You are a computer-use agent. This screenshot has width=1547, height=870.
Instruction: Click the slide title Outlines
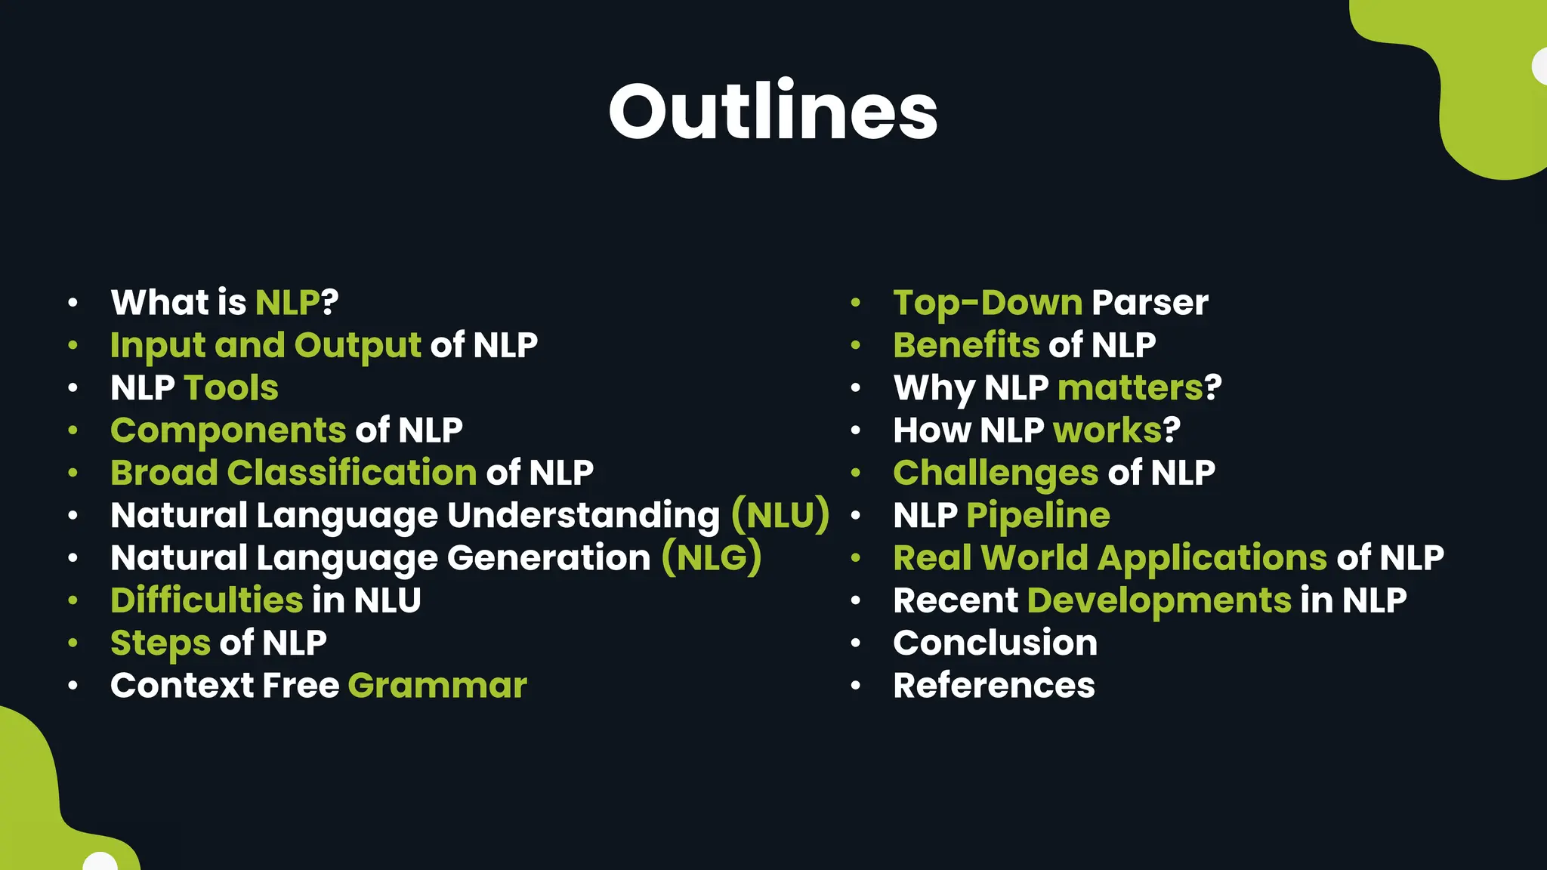tap(773, 112)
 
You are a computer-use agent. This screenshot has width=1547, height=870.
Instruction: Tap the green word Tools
tap(231, 388)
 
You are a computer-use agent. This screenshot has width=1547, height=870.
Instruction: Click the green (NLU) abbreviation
tap(780, 516)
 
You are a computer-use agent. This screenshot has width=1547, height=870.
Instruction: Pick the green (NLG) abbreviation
tap(712, 558)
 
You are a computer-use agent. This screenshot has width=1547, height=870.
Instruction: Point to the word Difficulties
tap(206, 600)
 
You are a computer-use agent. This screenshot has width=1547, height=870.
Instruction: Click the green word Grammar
tap(437, 686)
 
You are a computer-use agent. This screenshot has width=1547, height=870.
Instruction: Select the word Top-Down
tap(987, 303)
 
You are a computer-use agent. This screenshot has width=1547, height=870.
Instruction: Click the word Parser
tap(1150, 303)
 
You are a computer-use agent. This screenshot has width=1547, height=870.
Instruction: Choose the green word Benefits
tap(966, 345)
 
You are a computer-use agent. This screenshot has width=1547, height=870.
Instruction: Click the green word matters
tap(1130, 388)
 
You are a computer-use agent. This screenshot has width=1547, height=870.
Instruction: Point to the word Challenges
tap(995, 474)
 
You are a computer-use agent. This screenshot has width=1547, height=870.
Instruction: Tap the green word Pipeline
tap(1038, 516)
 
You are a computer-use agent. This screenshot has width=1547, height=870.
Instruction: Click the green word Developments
tap(1159, 601)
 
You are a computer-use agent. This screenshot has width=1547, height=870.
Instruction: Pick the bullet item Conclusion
tap(995, 643)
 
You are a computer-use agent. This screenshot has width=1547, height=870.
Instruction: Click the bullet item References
tap(993, 686)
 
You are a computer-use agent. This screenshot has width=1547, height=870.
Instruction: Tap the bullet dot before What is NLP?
tap(73, 303)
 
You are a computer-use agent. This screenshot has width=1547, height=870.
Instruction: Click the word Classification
tap(351, 474)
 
